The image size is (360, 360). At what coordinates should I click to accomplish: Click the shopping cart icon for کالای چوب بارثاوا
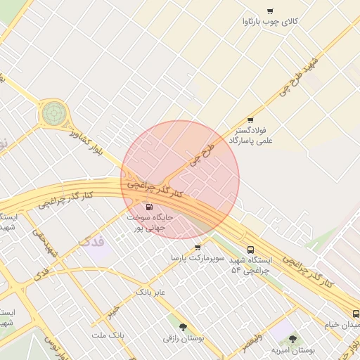pos(271,10)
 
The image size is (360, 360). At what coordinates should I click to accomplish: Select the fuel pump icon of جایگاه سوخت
pos(149,207)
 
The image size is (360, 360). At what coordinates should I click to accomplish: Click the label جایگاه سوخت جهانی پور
pos(149,223)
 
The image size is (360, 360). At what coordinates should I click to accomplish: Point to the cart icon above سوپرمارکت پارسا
pos(198,247)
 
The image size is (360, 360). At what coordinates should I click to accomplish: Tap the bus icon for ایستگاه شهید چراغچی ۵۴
pos(251,250)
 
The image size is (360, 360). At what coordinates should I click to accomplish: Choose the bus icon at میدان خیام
pos(355,314)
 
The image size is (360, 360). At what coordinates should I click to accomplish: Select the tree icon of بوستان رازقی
pos(184,327)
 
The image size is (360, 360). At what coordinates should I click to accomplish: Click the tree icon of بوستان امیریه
pos(292,339)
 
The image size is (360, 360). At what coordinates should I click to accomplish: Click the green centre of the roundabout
pos(53,112)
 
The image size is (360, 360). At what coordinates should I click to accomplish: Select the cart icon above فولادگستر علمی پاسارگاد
pos(250,120)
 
